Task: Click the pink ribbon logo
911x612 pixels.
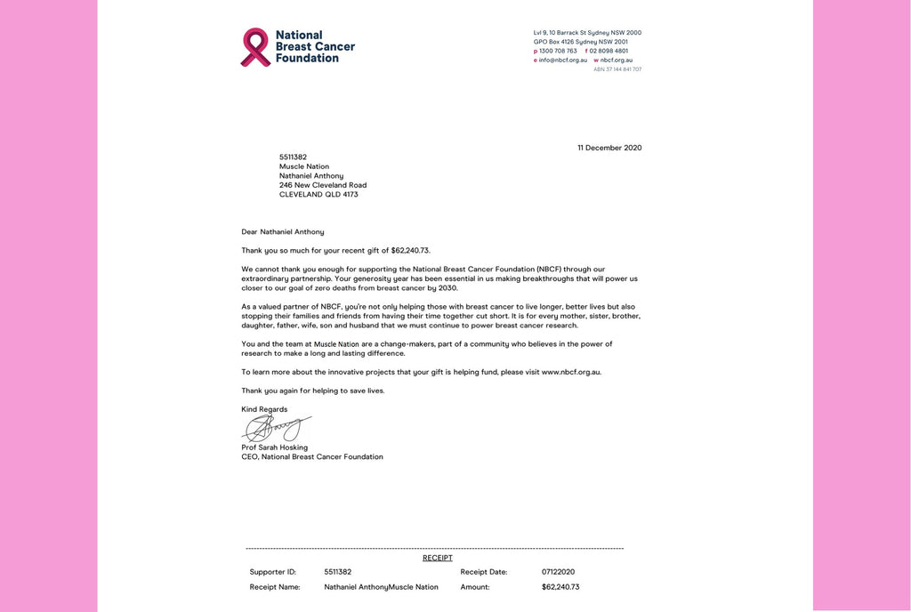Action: pos(255,46)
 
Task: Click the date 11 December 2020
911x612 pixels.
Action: pos(609,148)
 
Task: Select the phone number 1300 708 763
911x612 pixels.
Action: pos(558,51)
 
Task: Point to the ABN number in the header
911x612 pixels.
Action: pos(617,68)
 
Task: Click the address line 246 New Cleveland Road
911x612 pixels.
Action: pos(323,185)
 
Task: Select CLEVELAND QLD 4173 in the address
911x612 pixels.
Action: pos(318,195)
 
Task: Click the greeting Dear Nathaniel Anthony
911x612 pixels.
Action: pos(283,231)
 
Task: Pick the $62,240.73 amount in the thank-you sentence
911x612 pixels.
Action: pos(410,250)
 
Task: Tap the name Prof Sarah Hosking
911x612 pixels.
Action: pos(274,447)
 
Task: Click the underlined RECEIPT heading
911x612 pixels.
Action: pos(438,558)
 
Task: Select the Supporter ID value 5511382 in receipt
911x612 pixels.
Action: pos(338,572)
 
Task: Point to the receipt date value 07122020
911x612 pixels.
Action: pos(559,572)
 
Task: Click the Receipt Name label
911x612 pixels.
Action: pos(275,587)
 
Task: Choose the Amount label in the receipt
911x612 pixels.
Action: pos(475,587)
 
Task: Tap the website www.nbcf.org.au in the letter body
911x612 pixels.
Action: pos(571,372)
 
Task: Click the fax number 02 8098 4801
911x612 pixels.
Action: pos(609,51)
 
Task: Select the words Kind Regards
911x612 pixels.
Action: pos(264,409)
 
